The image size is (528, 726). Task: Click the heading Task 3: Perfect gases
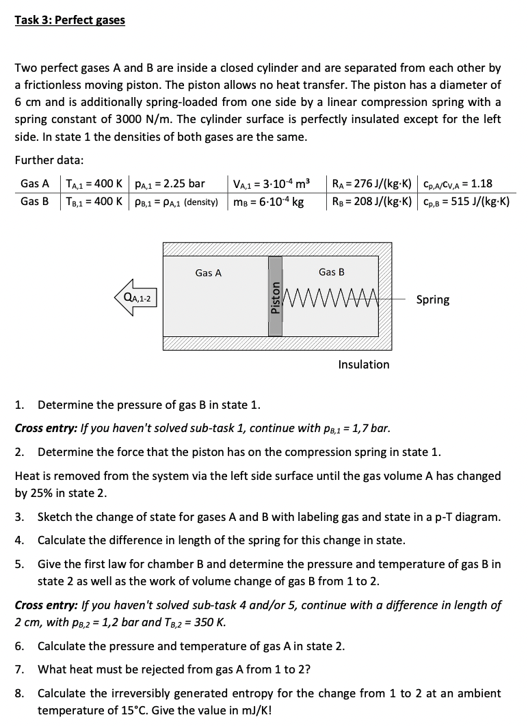(70, 20)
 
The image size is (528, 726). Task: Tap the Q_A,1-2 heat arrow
(136, 298)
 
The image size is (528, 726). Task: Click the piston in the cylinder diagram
(275, 296)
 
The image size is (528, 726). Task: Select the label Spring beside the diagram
(433, 299)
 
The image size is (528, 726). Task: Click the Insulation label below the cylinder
(363, 364)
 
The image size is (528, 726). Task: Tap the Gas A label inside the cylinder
(208, 273)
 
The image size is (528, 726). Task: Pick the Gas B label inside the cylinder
(332, 272)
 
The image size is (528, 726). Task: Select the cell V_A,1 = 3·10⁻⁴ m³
(271, 183)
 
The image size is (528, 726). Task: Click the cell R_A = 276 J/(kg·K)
(371, 183)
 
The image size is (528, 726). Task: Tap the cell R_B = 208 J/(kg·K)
(371, 202)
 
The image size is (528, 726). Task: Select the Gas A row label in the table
(35, 183)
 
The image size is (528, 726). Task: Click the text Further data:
(49, 160)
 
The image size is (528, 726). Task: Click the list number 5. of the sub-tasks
(20, 564)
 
